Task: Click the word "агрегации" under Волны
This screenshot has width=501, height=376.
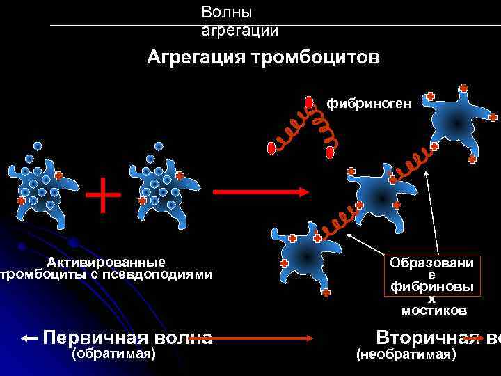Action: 239,30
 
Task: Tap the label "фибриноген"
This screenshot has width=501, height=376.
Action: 369,104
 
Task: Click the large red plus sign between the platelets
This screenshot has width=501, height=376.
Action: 103,194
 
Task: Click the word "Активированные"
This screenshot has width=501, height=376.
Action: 106,262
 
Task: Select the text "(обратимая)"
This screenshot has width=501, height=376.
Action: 113,354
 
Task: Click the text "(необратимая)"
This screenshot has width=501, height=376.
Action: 406,355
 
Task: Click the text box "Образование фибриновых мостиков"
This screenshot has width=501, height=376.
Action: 431,285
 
